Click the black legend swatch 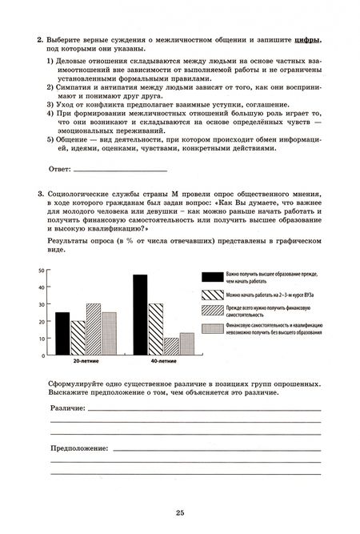(x=212, y=277)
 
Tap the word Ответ (x=59, y=170)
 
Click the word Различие (x=67, y=408)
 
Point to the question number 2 (x=40, y=38)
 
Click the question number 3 (x=40, y=195)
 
